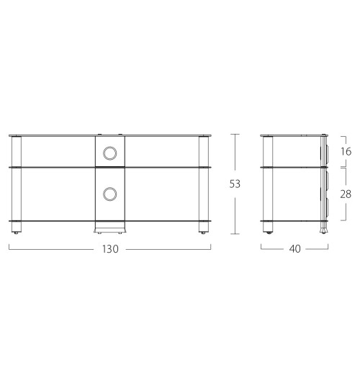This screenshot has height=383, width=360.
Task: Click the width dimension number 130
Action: tap(109, 248)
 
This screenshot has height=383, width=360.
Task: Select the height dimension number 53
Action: tap(235, 184)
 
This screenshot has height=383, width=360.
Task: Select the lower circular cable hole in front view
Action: tap(109, 194)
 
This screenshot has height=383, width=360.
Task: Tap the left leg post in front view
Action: tap(17, 184)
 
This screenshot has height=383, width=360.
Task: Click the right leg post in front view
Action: tap(204, 184)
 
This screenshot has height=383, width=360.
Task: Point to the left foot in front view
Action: tap(17, 232)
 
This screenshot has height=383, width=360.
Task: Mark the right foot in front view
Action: tap(204, 232)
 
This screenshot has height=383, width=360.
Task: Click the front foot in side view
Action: tap(269, 232)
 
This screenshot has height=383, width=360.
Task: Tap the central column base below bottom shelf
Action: tap(109, 227)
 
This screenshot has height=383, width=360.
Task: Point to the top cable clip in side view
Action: tap(325, 152)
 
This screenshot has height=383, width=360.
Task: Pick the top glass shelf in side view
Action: tap(292, 137)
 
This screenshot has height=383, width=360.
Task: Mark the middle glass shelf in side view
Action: tap(292, 168)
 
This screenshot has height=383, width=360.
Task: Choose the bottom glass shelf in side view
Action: tap(292, 221)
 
